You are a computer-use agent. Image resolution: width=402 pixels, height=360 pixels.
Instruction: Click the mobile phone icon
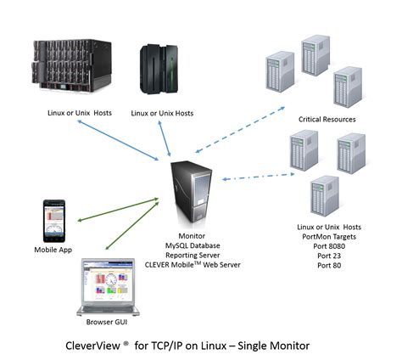[x=53, y=222]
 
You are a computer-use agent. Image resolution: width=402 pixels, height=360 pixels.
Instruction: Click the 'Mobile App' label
[x=53, y=250]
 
